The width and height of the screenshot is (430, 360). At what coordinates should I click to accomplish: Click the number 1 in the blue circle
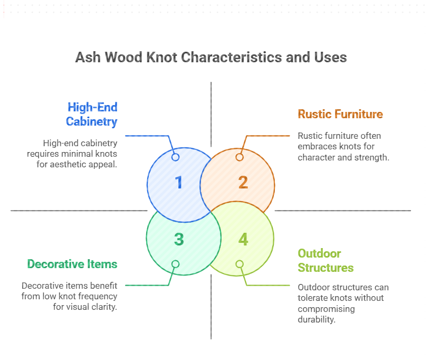click(179, 182)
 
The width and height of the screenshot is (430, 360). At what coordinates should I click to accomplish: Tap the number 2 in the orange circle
click(243, 182)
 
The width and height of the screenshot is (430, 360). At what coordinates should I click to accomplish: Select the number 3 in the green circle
click(179, 239)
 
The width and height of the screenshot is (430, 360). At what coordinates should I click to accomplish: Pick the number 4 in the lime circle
click(243, 239)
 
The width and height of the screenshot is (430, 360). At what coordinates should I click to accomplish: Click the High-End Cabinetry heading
click(91, 114)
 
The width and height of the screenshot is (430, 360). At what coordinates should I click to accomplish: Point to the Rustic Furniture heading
click(340, 114)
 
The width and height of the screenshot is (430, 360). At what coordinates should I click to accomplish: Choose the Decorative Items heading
click(72, 263)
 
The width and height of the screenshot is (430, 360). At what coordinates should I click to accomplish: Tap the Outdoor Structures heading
click(326, 260)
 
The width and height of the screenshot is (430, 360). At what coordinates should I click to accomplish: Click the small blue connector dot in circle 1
click(176, 157)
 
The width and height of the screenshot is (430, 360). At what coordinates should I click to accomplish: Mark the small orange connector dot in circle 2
click(240, 157)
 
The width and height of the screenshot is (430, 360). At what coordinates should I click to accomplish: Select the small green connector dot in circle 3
click(176, 264)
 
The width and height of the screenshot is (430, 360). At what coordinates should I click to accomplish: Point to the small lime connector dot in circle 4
click(240, 264)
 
